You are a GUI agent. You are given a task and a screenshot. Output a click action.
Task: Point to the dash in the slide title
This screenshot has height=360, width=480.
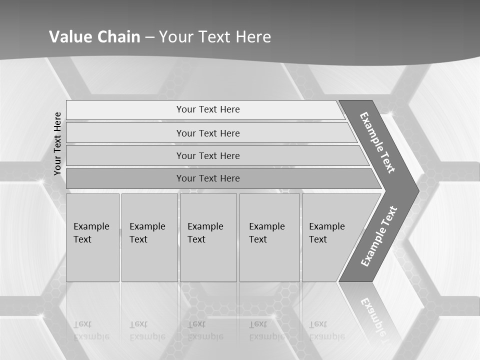149,37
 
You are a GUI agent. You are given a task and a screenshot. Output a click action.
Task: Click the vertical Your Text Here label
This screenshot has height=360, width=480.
57,143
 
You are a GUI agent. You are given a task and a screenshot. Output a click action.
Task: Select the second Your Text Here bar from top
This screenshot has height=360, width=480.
208,133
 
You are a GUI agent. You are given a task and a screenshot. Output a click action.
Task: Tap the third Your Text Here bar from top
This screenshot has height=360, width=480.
208,155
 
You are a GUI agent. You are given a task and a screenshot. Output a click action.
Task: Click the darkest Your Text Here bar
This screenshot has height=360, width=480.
208,178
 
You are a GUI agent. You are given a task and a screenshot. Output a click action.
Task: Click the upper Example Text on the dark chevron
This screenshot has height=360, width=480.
377,142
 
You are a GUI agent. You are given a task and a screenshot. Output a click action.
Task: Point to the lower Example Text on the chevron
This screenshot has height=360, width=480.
379,236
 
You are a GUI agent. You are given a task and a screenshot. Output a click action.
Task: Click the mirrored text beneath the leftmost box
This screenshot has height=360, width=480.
91,330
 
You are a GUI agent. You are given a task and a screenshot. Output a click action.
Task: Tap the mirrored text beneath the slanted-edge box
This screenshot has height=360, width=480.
326,330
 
